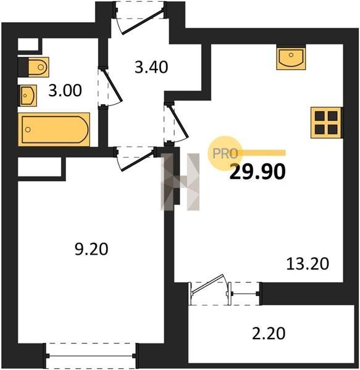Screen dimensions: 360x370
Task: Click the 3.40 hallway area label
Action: click(x=151, y=67)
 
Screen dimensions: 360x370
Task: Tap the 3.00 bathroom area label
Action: click(x=65, y=91)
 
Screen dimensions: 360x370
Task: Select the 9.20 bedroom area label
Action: click(x=91, y=249)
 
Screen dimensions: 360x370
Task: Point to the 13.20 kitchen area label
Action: click(x=308, y=263)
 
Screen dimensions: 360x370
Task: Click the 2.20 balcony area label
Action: click(x=269, y=334)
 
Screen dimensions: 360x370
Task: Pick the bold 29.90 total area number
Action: click(x=257, y=172)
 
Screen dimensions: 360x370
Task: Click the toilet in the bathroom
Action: click(x=38, y=67)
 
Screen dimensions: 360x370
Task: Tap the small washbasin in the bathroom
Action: click(x=28, y=96)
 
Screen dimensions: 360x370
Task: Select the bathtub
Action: click(x=54, y=129)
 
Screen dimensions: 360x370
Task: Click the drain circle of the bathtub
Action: click(x=28, y=129)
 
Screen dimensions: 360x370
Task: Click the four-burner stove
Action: click(x=326, y=123)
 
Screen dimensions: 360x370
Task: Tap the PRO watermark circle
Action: click(x=224, y=154)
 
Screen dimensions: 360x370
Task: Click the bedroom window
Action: click(x=91, y=356)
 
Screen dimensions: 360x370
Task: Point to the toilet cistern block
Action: click(x=23, y=67)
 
